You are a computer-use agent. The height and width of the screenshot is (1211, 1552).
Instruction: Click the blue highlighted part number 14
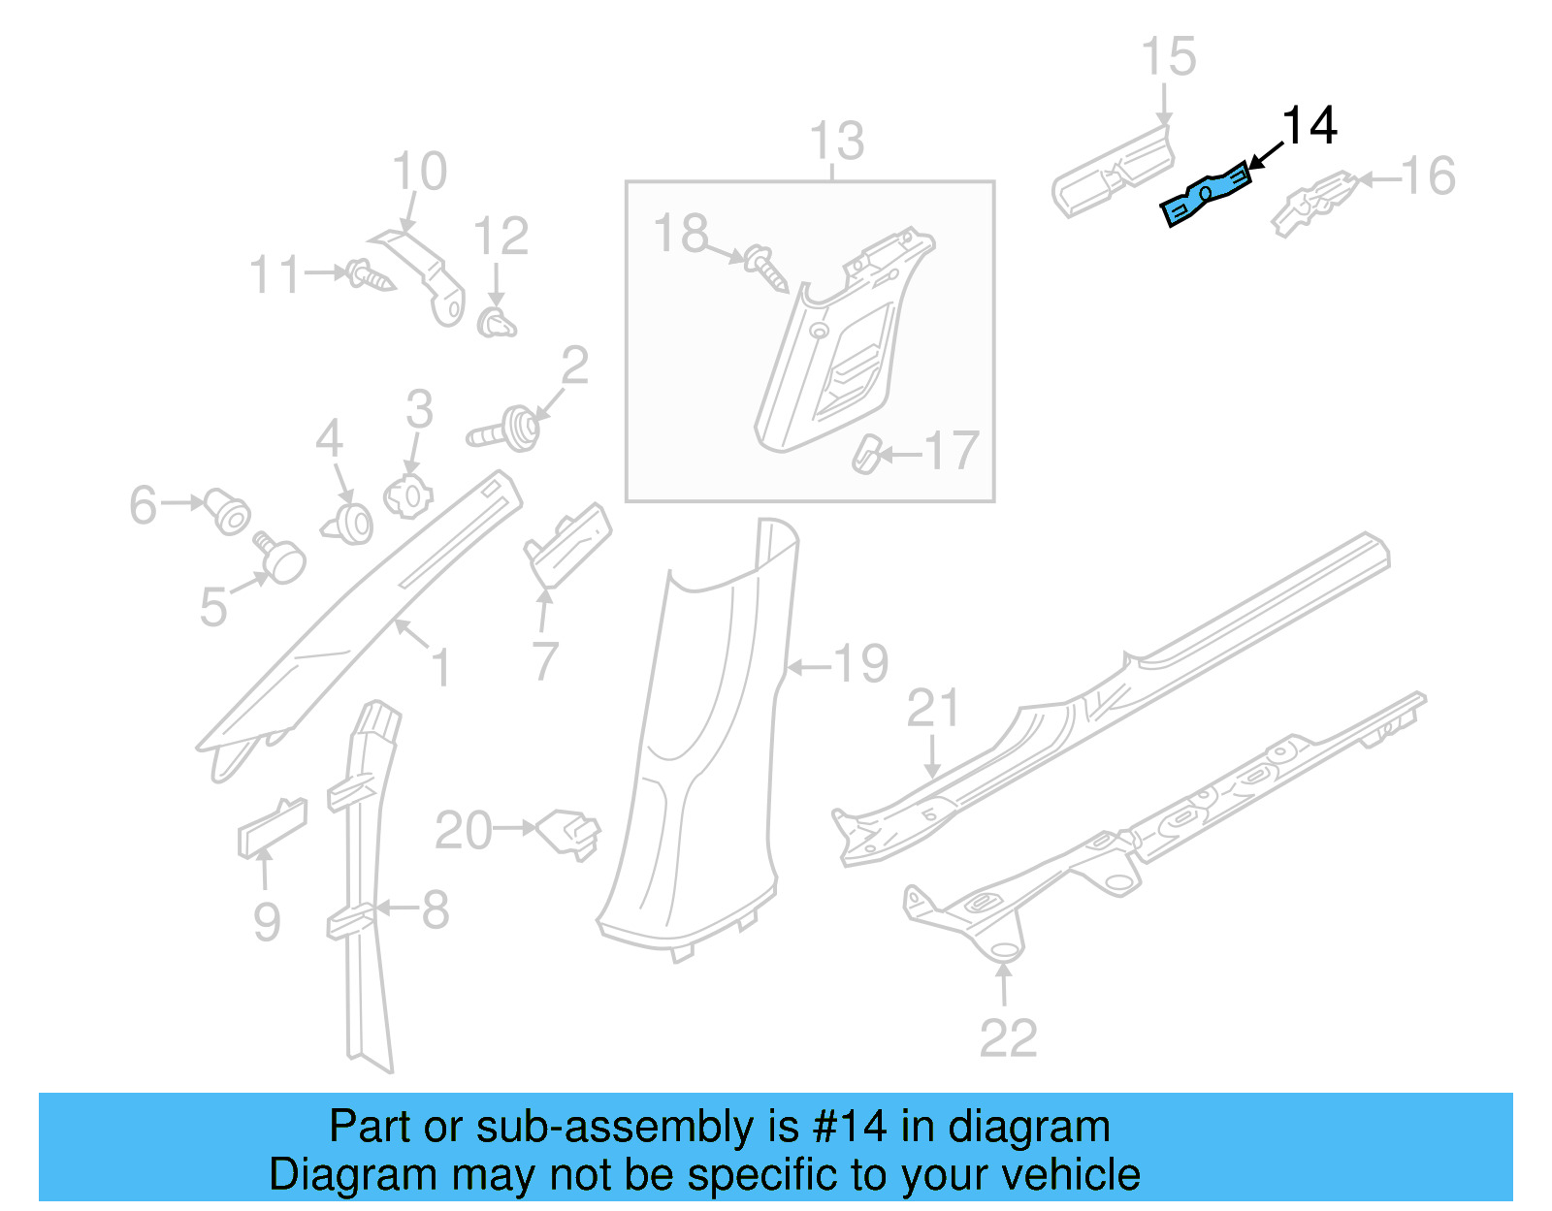pyautogui.click(x=1205, y=194)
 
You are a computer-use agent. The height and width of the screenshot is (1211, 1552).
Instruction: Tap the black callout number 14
pyautogui.click(x=1309, y=127)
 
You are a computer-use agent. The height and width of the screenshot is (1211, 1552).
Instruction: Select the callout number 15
pyautogui.click(x=1168, y=57)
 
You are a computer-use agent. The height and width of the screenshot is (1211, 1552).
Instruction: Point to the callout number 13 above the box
pyautogui.click(x=836, y=142)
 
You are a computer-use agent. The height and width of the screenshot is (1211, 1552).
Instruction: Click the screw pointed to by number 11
pyautogui.click(x=372, y=275)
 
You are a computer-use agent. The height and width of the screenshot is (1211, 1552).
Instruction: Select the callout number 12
pyautogui.click(x=501, y=237)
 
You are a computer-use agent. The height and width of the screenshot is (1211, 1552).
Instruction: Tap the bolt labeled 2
pyautogui.click(x=506, y=430)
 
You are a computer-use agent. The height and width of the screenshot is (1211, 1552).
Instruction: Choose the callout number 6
pyautogui.click(x=143, y=505)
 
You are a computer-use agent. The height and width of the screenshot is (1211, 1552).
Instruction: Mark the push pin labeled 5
pyautogui.click(x=280, y=559)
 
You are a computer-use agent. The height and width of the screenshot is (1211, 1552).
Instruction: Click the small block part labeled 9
pyautogui.click(x=272, y=828)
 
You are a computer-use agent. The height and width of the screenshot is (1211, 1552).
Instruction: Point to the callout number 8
pyautogui.click(x=435, y=909)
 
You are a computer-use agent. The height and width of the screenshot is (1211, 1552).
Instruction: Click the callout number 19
pyautogui.click(x=860, y=664)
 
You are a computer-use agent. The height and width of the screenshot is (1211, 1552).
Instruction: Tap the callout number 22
pyautogui.click(x=1008, y=1038)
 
